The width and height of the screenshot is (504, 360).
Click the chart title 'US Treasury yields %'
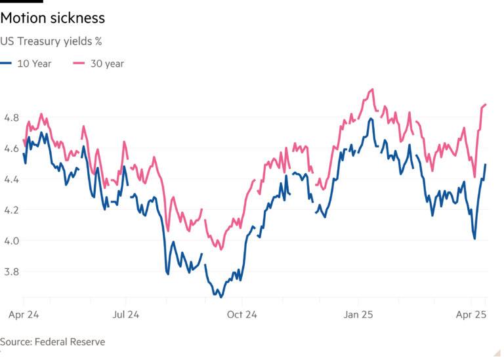[x=54, y=41]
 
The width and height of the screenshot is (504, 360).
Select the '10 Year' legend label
[x=33, y=64]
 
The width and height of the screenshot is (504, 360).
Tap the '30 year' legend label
[x=107, y=64]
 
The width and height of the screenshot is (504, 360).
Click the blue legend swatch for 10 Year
[x=7, y=64]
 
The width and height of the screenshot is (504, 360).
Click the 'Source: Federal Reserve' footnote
[x=53, y=342]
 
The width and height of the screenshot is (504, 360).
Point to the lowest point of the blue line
[x=221, y=297]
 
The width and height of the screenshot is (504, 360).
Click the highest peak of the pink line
[x=372, y=89]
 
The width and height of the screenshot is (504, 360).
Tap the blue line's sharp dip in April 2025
[x=474, y=238]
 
